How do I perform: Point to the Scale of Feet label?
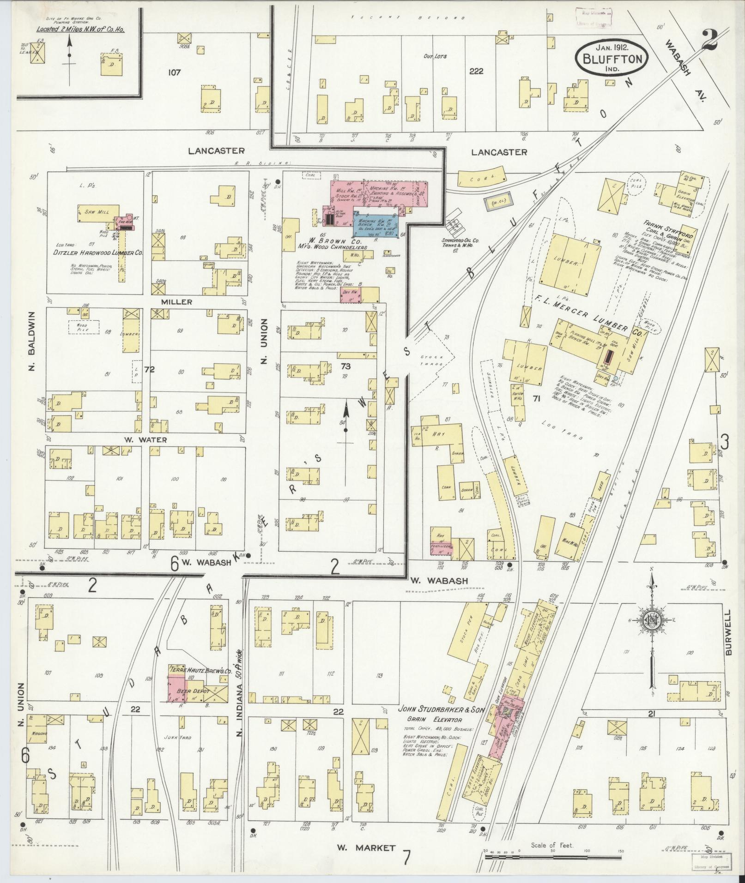tap(552, 845)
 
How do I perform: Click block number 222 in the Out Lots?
tap(476, 71)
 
